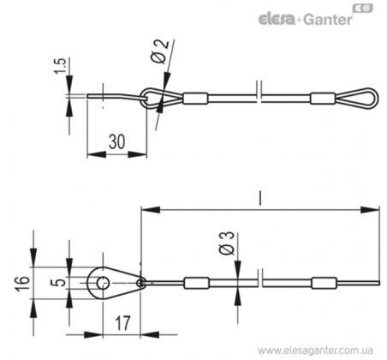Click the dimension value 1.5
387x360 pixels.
[61, 66]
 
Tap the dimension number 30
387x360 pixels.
[117, 141]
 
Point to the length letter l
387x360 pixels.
[259, 199]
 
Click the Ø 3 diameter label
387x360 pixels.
[227, 243]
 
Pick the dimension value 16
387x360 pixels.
[22, 284]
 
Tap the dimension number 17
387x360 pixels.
[122, 323]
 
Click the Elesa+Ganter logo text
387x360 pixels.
[306, 20]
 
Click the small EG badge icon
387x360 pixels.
[363, 9]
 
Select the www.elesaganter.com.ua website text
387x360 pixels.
[315, 351]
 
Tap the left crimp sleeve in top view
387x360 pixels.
[195, 99]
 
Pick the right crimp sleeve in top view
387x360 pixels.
[323, 99]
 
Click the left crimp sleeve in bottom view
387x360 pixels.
[196, 283]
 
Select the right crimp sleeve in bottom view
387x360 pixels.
[324, 283]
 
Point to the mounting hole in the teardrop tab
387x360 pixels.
[103, 283]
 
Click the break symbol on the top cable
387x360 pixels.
[259, 92]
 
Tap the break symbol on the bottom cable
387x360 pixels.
[260, 278]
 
